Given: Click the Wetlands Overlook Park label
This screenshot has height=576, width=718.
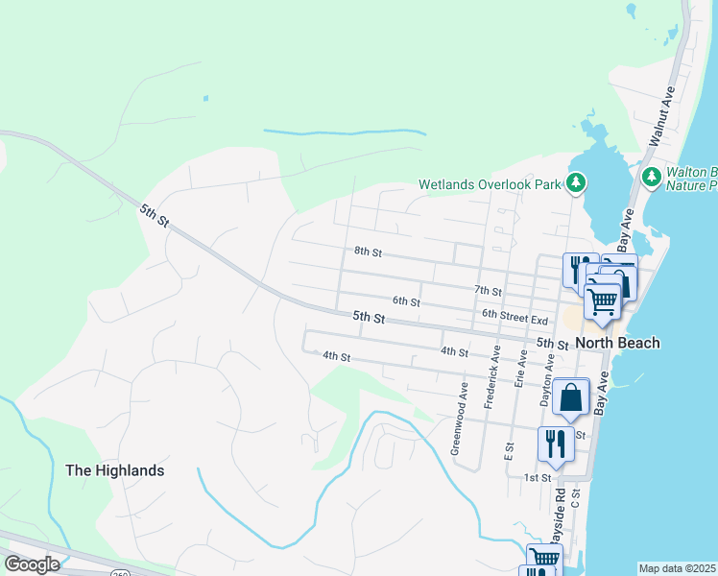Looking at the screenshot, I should point(490,184).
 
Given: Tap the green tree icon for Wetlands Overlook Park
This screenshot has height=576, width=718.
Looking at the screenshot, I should point(576,182).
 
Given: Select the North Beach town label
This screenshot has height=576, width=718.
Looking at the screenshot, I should point(618,343).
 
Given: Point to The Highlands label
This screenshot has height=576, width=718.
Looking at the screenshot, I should point(114,470).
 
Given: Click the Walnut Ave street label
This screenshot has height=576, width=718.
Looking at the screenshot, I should point(662,115).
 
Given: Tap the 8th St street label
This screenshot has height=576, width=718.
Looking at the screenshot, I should point(368,252).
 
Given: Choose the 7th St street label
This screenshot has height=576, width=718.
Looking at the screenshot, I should point(488,290).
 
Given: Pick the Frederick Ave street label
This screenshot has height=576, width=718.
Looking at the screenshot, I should point(491,377).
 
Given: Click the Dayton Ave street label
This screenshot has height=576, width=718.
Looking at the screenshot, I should point(547,379).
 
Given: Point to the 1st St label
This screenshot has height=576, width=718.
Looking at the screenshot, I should point(537,477).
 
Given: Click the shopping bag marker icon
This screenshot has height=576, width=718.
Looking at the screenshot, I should point(570,396).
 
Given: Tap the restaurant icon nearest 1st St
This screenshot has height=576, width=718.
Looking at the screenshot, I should point(556,443).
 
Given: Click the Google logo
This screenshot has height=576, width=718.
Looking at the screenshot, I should point(32,564).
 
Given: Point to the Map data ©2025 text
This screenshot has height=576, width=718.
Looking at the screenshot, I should point(678,568).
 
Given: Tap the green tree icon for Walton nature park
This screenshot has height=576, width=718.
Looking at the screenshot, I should point(652,177).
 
